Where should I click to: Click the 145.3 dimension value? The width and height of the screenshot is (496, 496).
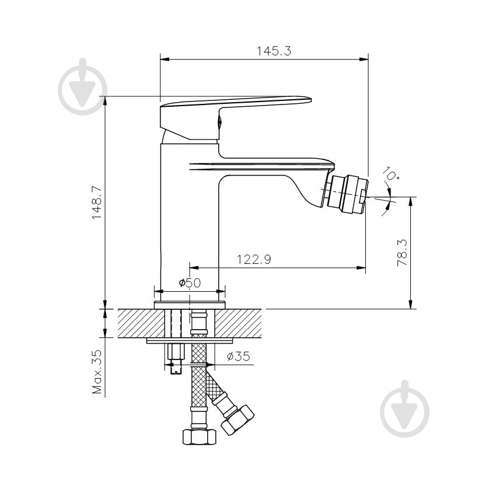coord(274,51)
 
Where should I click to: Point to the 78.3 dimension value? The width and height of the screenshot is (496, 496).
coord(403,253)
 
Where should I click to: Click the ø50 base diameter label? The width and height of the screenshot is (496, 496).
coord(190,283)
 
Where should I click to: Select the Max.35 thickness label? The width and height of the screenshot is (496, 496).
coord(97,372)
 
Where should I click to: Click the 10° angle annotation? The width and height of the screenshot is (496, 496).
coord(391,174)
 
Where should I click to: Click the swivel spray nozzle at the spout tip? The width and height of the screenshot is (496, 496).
coord(347,193)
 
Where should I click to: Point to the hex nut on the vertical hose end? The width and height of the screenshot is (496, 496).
coord(199,436)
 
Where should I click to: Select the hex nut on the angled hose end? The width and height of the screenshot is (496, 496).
coord(237,420)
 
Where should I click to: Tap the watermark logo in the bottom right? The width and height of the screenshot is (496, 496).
coord(404,408)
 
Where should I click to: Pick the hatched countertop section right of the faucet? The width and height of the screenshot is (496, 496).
coord(240,323)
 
